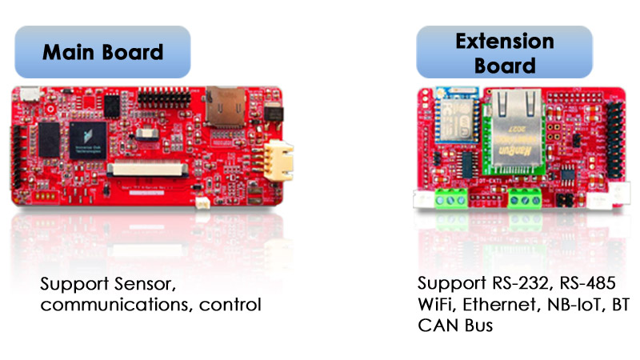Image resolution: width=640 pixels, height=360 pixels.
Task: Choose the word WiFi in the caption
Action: [x=437, y=305]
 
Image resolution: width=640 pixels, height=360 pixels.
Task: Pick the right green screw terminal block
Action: [x=524, y=198]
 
